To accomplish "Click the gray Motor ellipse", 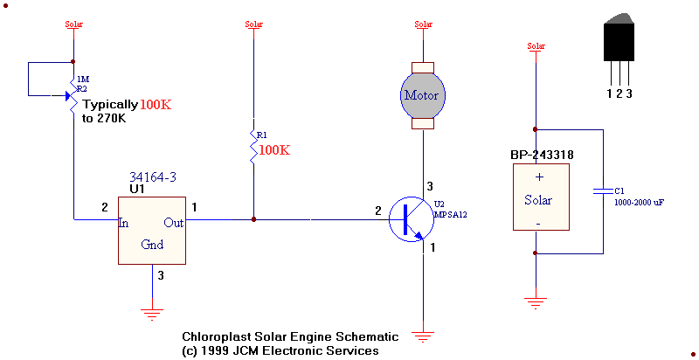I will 424,95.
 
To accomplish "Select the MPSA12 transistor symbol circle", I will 412,219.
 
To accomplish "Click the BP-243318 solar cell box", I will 537,198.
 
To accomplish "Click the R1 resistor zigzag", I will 253,147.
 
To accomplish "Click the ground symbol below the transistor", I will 424,335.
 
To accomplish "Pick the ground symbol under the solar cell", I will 536,303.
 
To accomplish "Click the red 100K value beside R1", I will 274,150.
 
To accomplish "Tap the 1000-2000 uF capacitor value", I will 639,202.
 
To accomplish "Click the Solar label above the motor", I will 424,24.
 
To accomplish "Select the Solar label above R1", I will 253,24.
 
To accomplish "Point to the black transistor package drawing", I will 619,39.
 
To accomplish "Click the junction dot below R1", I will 253,218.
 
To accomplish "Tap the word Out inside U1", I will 173,223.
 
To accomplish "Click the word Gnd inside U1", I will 152,245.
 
